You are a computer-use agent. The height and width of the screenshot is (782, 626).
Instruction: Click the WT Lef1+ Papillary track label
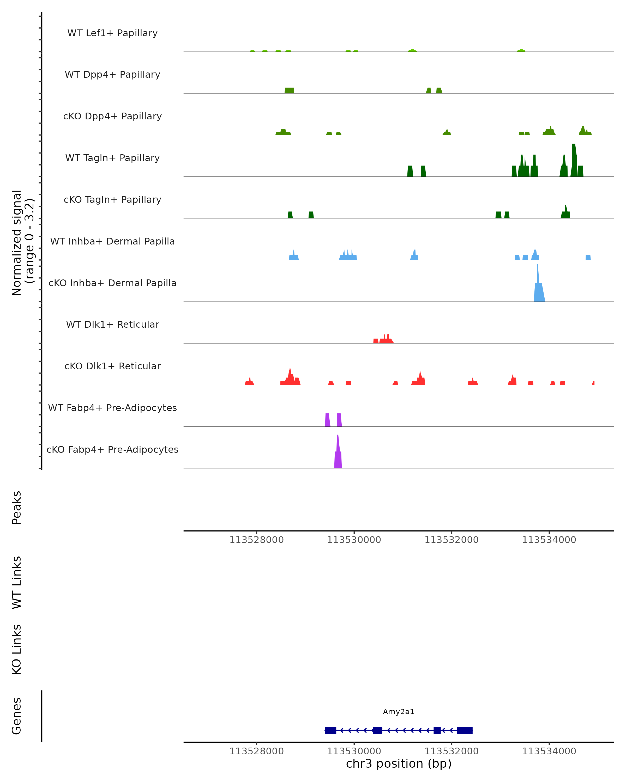tap(112, 33)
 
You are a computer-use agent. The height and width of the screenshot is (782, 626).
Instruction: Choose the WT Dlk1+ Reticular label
tap(112, 324)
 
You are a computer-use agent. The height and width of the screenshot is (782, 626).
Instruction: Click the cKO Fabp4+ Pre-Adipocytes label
tap(112, 449)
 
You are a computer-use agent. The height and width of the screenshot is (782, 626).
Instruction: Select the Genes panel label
tap(17, 716)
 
